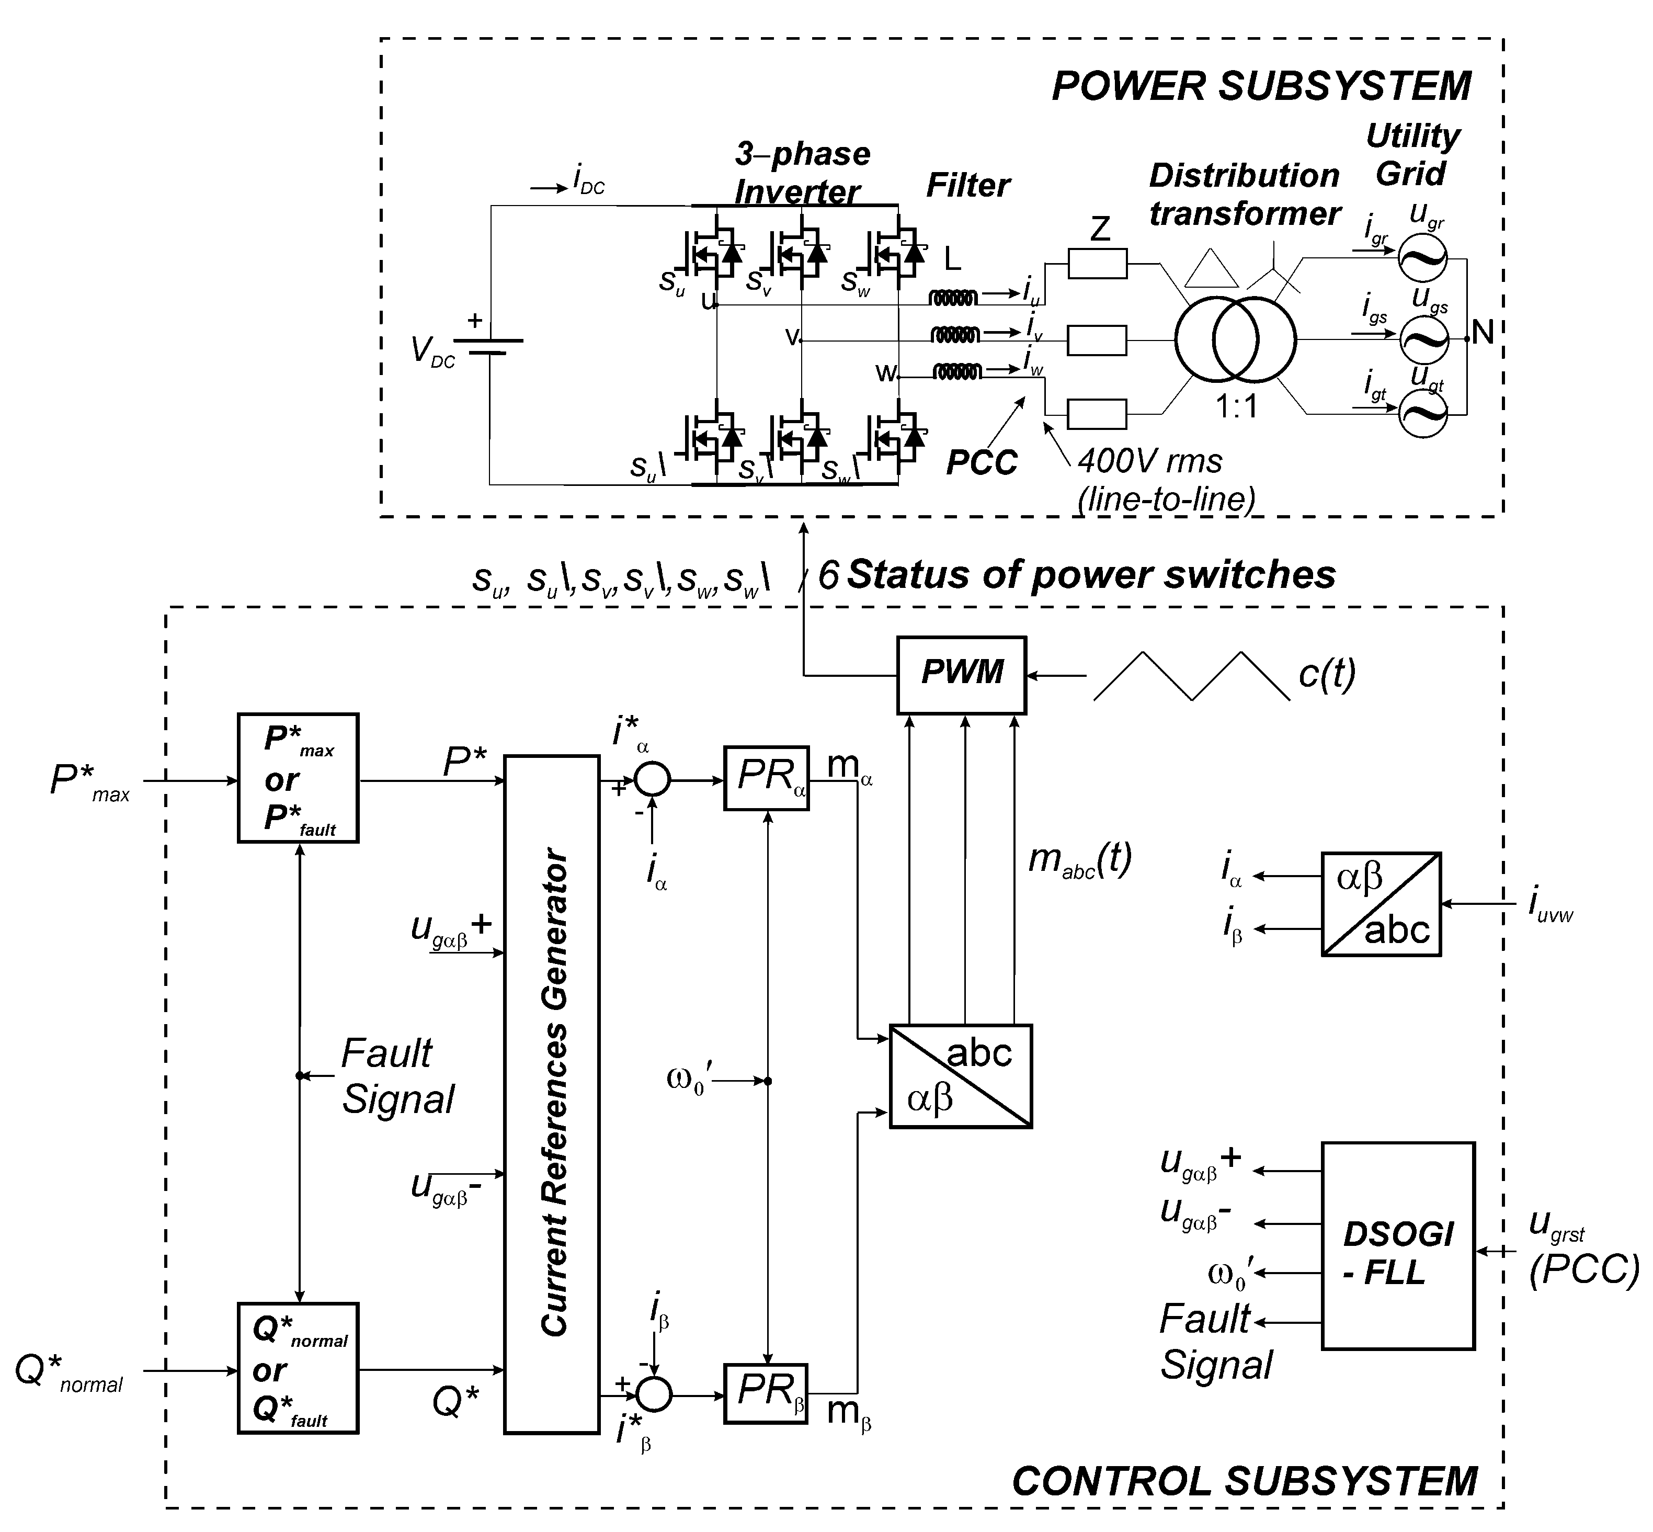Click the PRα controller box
coord(766,778)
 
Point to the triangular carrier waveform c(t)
coord(1191,676)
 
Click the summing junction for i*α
coord(653,779)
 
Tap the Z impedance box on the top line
coord(1097,265)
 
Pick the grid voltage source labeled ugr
coord(1422,258)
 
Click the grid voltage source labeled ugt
coord(1422,414)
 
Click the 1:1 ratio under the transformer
coord(1237,407)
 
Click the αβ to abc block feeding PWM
coord(960,1076)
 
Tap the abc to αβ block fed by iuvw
coord(1380,904)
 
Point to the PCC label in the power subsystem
coord(982,462)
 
